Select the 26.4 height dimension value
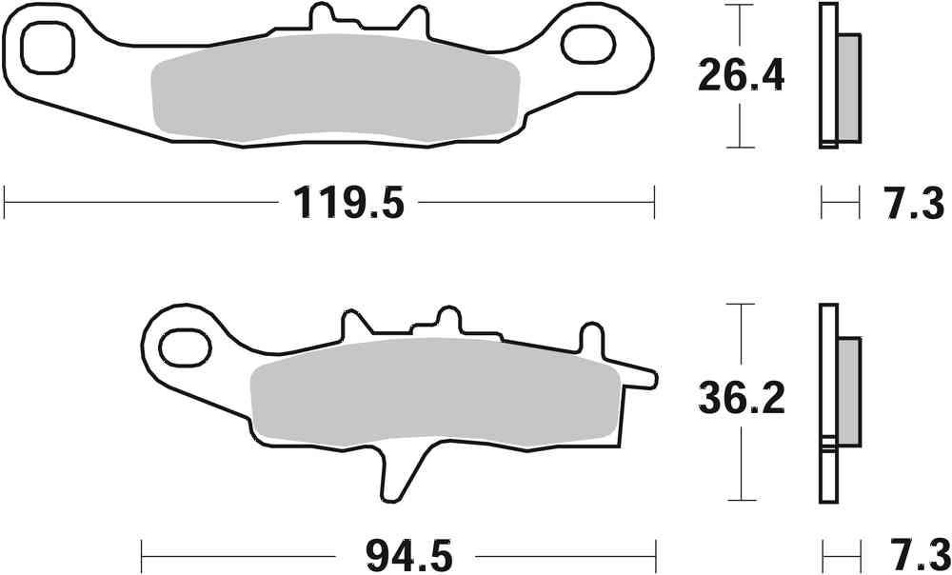(741, 75)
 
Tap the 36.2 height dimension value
(741, 399)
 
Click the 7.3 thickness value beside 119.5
(909, 203)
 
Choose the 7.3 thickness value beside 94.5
(909, 553)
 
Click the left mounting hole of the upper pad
(47, 46)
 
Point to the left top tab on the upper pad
(323, 17)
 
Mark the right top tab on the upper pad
(416, 17)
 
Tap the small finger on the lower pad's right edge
(641, 378)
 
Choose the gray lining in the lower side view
(848, 390)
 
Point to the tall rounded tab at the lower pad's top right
(591, 339)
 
